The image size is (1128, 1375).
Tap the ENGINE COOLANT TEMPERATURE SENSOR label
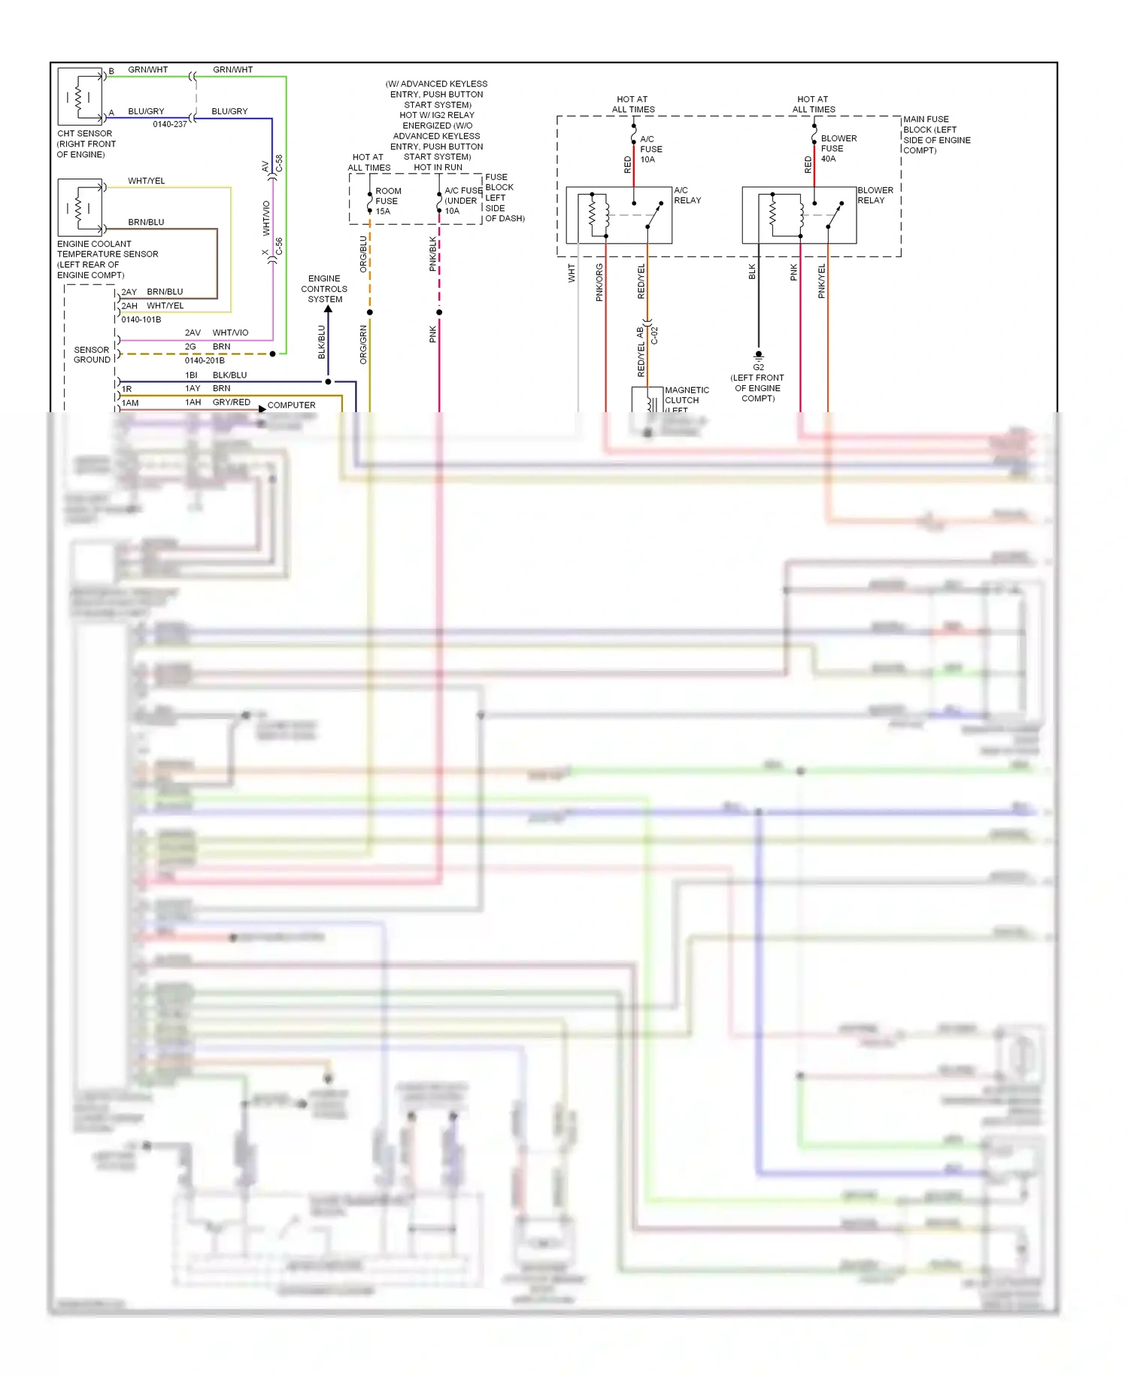tap(107, 259)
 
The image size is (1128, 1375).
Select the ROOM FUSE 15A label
tap(388, 201)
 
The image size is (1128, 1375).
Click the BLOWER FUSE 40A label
tap(838, 148)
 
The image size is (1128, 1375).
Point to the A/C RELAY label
tap(687, 196)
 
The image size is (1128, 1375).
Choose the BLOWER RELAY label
tap(875, 196)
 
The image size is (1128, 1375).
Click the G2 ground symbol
tap(758, 355)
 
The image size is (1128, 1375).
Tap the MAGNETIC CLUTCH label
tap(686, 396)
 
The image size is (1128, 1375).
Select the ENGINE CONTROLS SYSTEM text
tap(324, 289)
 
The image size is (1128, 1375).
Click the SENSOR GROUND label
tap(92, 355)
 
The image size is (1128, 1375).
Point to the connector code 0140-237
tap(169, 124)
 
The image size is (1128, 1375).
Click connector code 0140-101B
tap(141, 320)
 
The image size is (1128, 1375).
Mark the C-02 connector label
tap(654, 335)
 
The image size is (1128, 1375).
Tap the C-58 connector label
tap(279, 164)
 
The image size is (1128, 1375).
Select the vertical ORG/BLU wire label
tap(363, 254)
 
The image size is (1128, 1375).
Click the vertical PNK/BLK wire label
tap(432, 254)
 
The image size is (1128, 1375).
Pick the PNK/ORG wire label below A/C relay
tap(599, 282)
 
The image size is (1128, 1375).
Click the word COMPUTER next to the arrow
tap(291, 405)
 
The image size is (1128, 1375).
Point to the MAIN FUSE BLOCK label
tap(935, 135)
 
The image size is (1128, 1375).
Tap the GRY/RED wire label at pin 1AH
tap(231, 402)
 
